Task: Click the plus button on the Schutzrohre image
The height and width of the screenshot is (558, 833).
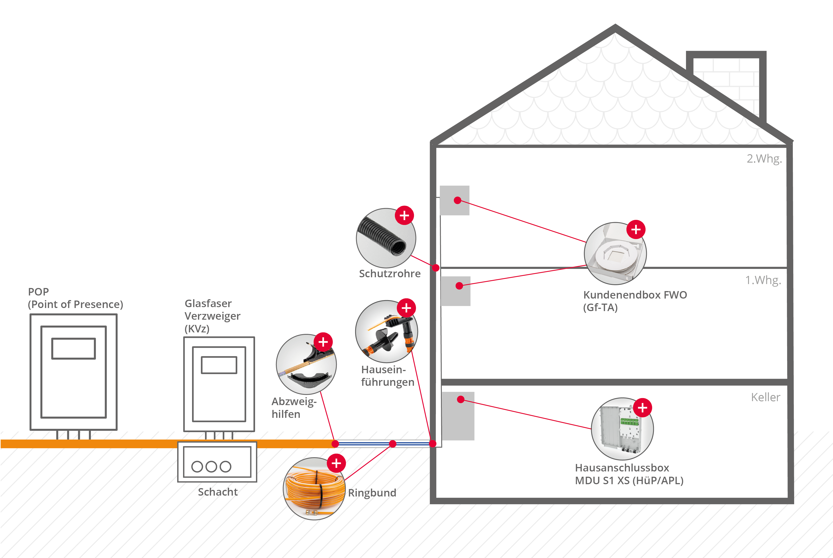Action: [404, 215]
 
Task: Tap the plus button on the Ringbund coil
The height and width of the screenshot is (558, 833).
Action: [336, 463]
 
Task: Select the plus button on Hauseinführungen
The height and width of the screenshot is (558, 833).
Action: [406, 308]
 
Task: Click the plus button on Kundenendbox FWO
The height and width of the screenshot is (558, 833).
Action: [636, 230]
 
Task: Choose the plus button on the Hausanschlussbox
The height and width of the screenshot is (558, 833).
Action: [642, 408]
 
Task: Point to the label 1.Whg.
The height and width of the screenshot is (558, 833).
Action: [763, 280]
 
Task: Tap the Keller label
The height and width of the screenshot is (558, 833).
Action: [765, 397]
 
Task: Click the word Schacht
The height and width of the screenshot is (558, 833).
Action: [218, 492]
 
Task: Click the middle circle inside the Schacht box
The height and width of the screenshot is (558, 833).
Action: [211, 467]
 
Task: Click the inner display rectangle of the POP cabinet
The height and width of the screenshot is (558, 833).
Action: [74, 348]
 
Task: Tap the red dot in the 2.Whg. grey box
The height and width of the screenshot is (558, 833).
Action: [458, 200]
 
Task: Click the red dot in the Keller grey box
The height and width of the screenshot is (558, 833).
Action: [461, 399]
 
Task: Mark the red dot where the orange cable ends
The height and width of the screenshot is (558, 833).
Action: [335, 444]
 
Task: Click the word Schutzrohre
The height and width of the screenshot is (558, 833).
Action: [390, 274]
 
